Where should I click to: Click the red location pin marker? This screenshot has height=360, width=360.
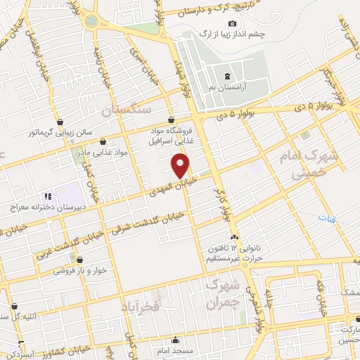[181, 166]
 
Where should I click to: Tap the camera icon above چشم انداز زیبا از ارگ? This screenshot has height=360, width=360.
[233, 24]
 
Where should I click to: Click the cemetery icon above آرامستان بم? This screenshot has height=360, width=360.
[226, 76]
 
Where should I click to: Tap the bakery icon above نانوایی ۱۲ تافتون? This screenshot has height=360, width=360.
[235, 237]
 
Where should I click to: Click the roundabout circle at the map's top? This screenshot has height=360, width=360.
[91, 20]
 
